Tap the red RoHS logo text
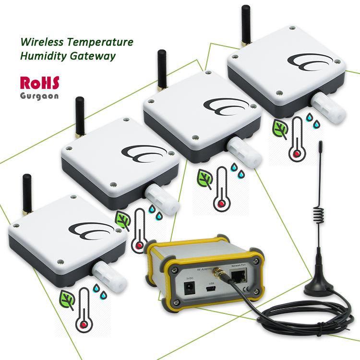(39, 83)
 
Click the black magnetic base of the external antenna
(318, 288)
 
